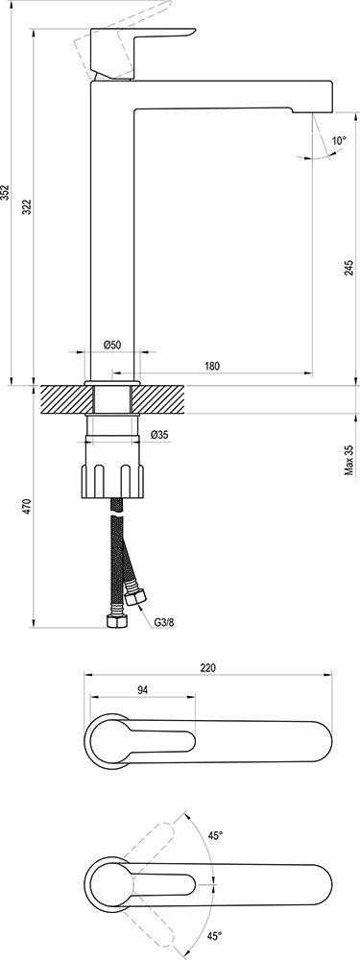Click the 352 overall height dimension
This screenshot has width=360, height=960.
(x=6, y=193)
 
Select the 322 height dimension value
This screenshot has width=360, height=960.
(x=27, y=207)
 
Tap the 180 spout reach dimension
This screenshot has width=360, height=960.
(x=212, y=366)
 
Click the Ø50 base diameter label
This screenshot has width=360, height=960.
(x=112, y=345)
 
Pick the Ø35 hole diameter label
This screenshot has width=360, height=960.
(x=159, y=435)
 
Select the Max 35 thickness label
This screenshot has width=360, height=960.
(x=349, y=461)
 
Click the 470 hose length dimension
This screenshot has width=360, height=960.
(x=27, y=506)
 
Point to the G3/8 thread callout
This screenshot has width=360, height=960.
(x=163, y=623)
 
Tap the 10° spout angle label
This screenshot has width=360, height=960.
(x=339, y=140)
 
